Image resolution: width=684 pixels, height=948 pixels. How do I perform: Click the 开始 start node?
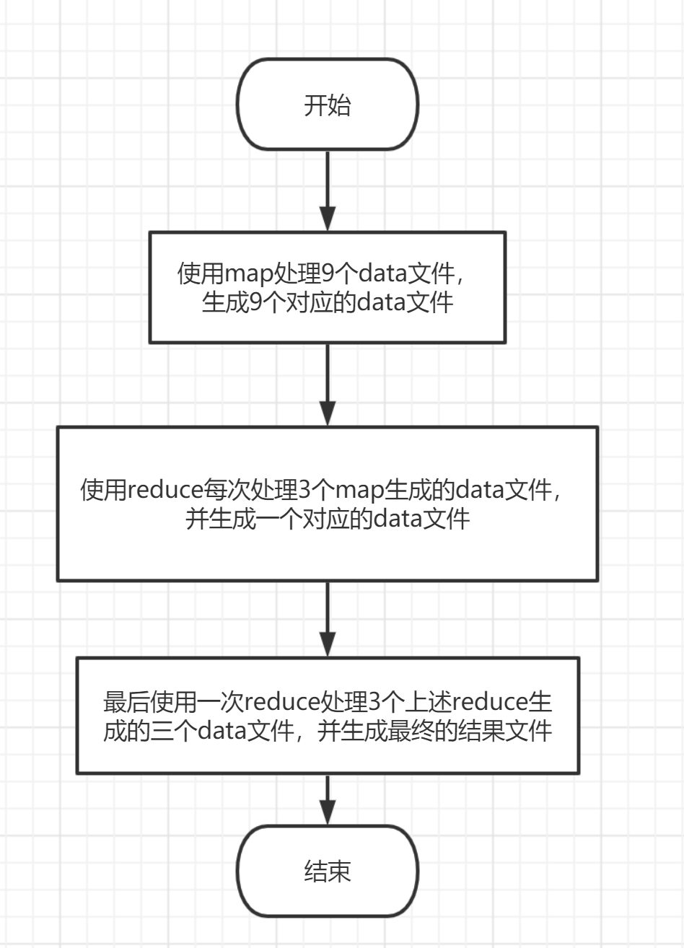click(328, 105)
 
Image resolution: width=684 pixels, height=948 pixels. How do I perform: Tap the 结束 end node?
click(328, 872)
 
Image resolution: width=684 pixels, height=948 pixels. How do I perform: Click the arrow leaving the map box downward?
click(328, 385)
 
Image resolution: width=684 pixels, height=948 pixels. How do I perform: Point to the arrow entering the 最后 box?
click(328, 619)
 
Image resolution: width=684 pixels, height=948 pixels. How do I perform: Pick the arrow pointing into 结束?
click(328, 799)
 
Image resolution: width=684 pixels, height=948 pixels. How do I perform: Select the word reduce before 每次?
click(162, 491)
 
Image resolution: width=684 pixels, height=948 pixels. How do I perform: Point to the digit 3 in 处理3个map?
click(303, 491)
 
